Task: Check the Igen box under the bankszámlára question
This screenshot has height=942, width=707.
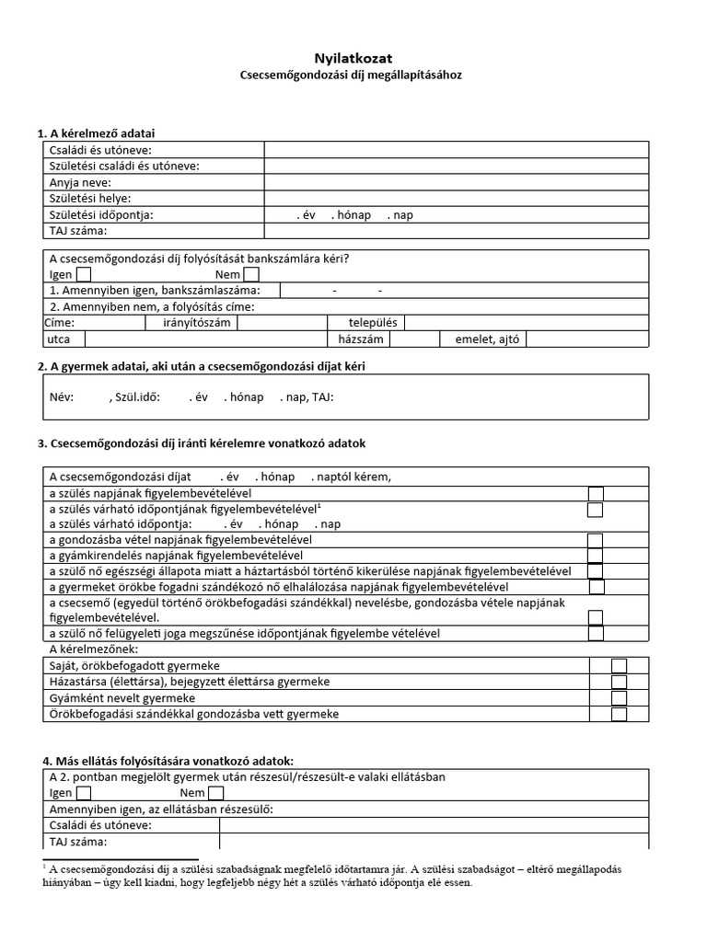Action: [x=84, y=274]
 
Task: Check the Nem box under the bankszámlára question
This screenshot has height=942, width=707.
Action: [x=251, y=274]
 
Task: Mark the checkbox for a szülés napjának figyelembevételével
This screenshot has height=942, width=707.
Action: [x=596, y=494]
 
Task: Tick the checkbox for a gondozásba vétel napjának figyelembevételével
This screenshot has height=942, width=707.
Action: [x=596, y=540]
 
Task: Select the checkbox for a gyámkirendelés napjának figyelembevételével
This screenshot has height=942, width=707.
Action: [x=596, y=556]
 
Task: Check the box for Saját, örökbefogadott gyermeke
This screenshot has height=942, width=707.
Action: [x=619, y=665]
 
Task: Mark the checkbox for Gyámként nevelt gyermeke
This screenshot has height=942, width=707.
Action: [x=619, y=698]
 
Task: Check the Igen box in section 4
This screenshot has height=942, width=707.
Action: [x=84, y=793]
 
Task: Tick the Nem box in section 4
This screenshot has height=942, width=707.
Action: [x=214, y=793]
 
